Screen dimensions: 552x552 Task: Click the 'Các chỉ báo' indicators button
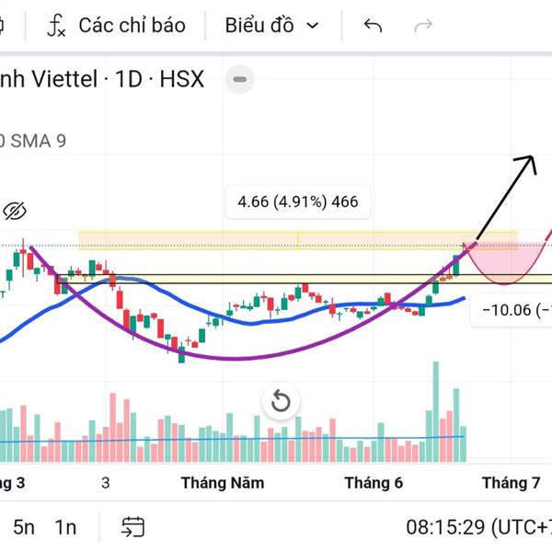[117, 26]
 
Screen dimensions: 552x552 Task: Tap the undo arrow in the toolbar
[373, 26]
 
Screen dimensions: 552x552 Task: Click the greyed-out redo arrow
[423, 26]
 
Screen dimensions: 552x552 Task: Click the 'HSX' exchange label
[181, 79]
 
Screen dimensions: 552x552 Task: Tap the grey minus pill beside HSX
[240, 80]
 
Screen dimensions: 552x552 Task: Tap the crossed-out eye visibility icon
[14, 212]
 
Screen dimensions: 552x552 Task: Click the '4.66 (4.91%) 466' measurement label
[297, 201]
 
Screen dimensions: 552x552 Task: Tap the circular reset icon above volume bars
[281, 401]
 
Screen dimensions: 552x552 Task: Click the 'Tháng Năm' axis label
[223, 482]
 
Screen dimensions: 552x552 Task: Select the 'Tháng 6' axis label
[373, 482]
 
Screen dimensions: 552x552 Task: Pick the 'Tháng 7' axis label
[511, 482]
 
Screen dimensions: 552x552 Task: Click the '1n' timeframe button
[65, 527]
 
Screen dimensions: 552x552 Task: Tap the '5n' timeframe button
[24, 527]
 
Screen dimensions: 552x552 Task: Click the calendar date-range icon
[133, 527]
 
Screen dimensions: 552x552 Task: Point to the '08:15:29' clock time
[446, 527]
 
